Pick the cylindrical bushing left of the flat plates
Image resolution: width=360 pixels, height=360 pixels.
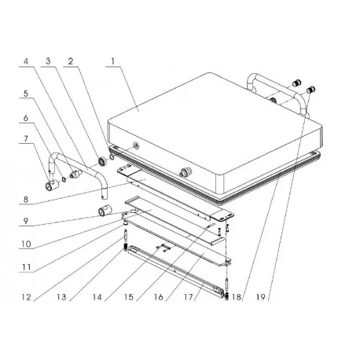pyautogui.click(x=102, y=211)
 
